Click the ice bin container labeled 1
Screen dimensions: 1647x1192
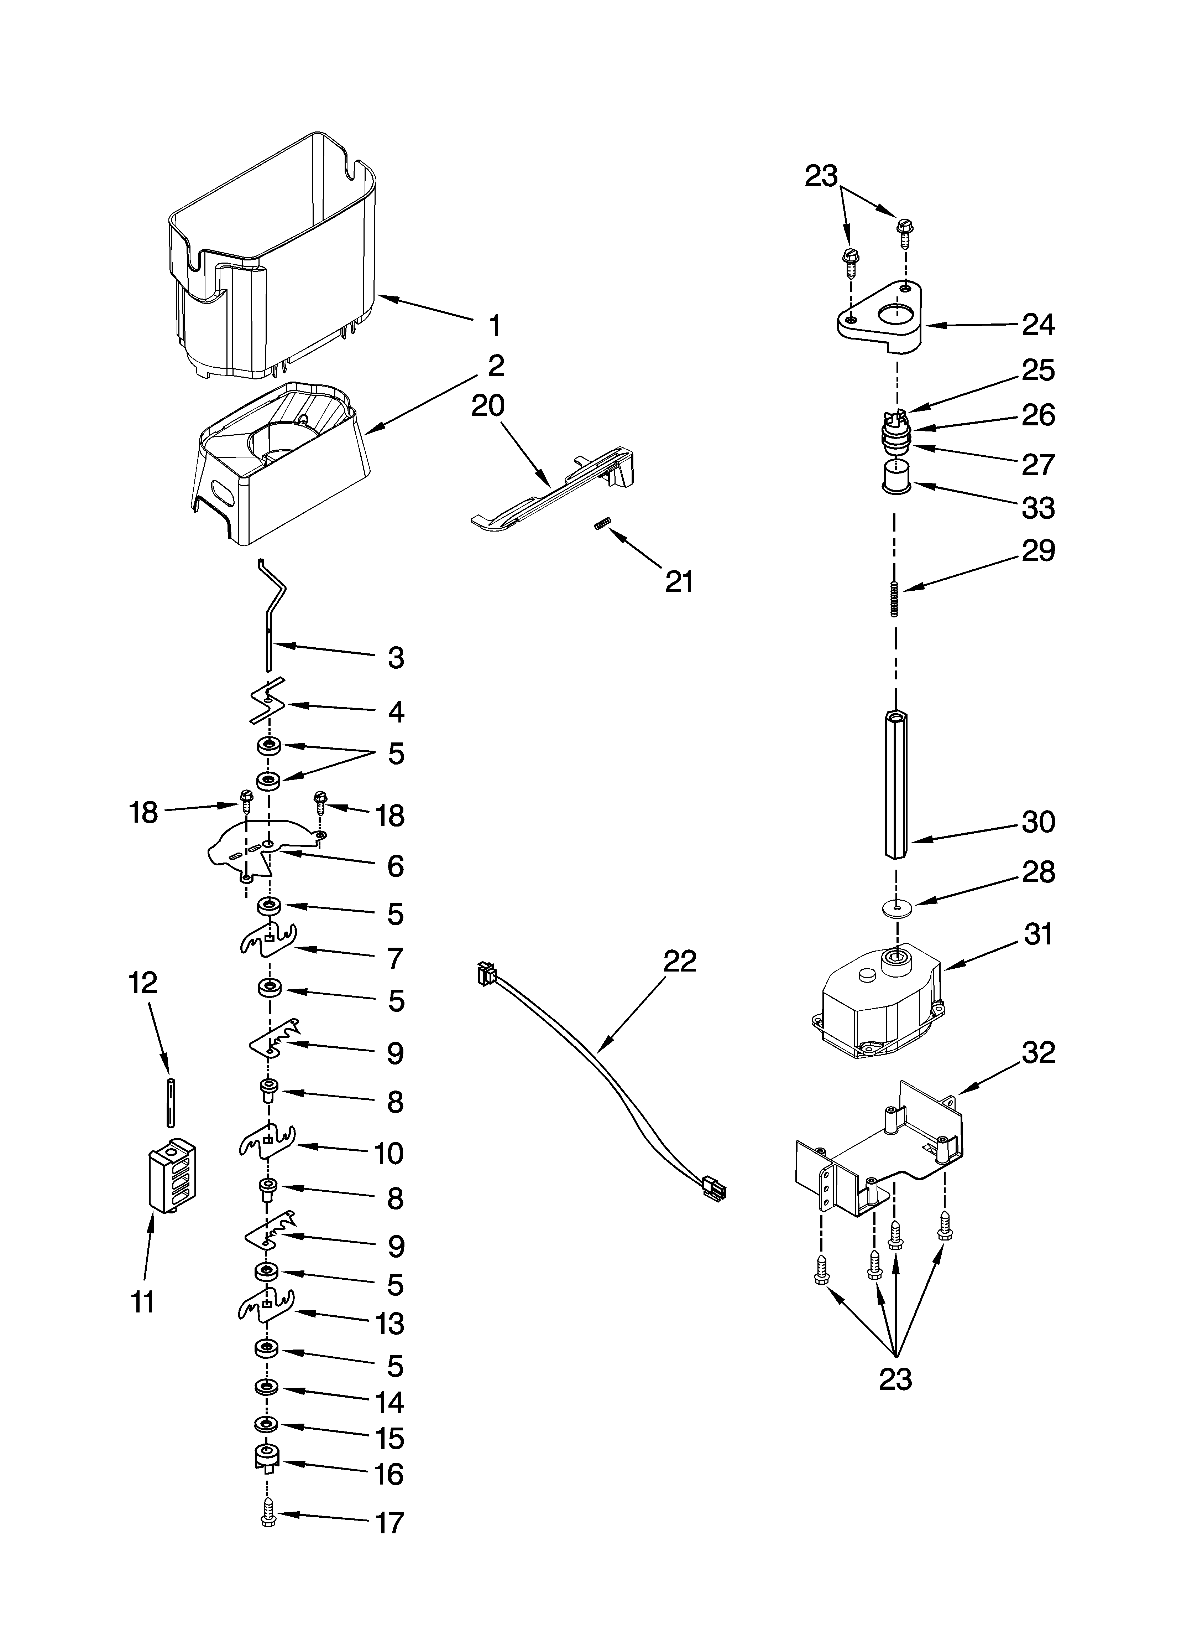coord(276,261)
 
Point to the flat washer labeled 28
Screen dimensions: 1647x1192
coord(899,908)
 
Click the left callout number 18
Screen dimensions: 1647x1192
coord(144,813)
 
